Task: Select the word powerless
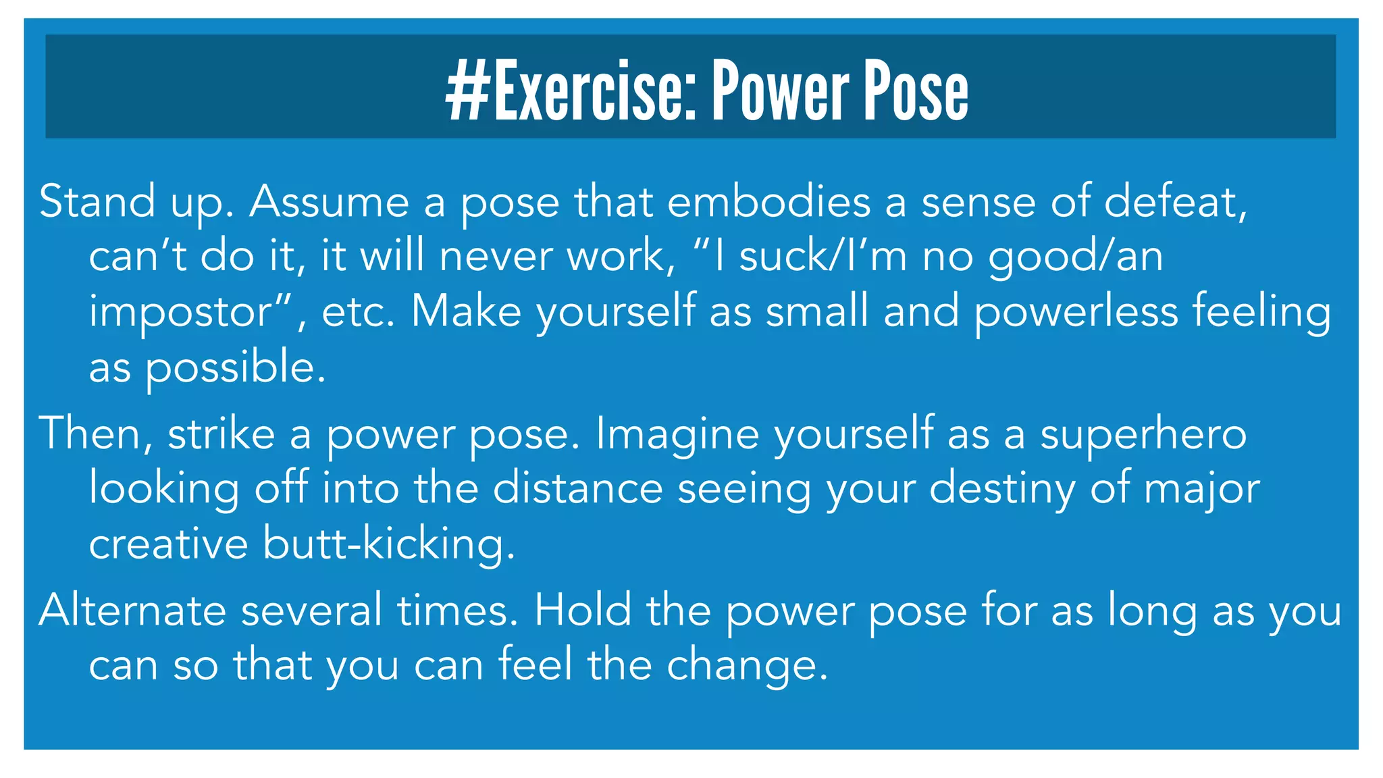[1076, 313]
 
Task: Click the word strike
[221, 434]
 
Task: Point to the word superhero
[1143, 435]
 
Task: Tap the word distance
[578, 488]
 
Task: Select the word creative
[169, 544]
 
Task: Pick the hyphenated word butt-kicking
[389, 544]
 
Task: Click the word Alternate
[132, 610]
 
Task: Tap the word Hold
[583, 610]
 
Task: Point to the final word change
[747, 666]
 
